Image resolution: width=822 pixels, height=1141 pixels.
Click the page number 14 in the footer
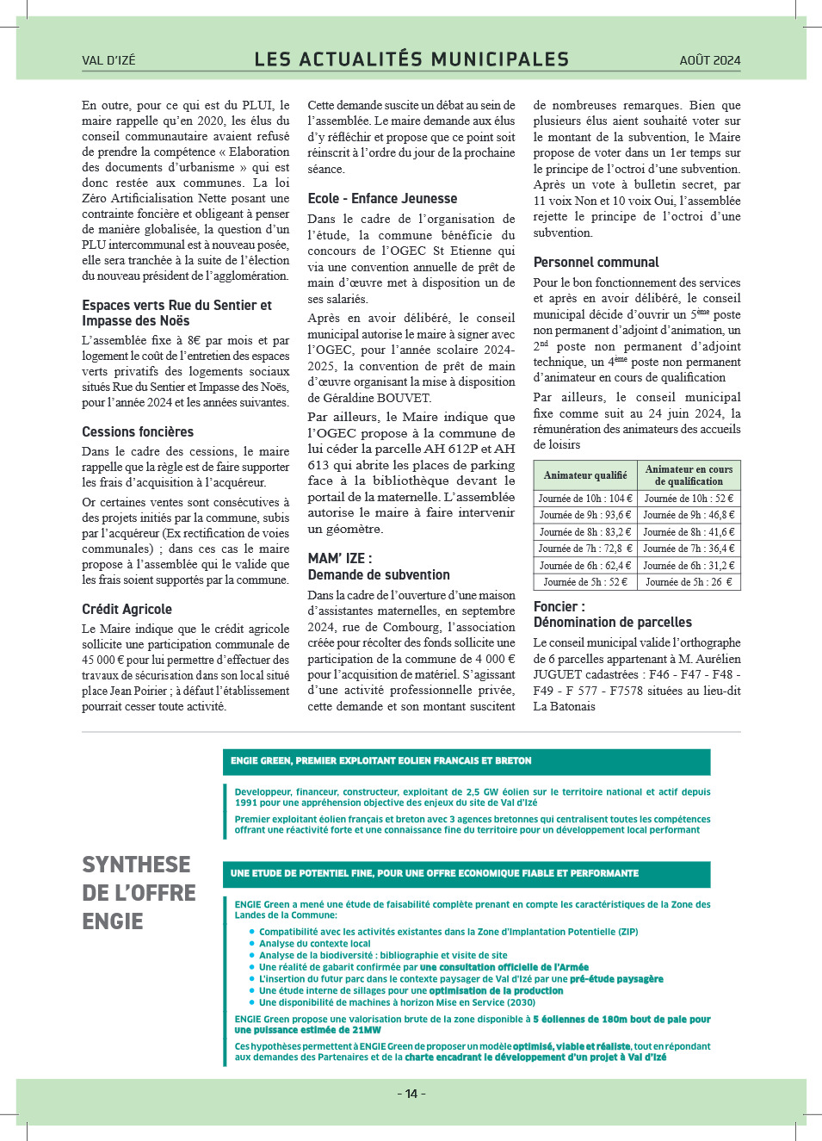(411, 1094)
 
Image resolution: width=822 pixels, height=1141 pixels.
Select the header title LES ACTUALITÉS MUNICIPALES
(411, 59)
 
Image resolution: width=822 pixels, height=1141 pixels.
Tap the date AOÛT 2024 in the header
(709, 60)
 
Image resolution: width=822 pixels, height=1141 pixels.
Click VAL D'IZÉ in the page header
(108, 60)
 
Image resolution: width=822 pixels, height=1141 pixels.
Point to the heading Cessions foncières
(138, 431)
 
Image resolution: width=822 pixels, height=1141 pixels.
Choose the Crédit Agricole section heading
(127, 609)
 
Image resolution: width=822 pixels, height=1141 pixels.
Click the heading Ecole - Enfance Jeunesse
(382, 198)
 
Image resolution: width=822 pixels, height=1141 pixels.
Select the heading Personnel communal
(596, 262)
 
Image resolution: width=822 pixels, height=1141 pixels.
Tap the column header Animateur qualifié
(585, 475)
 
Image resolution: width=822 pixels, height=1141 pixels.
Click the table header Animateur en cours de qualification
(689, 475)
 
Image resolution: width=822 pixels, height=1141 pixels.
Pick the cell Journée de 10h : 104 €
(585, 499)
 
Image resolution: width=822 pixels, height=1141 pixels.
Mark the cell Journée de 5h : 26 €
(689, 582)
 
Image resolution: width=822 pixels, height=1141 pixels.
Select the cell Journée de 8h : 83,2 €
(585, 532)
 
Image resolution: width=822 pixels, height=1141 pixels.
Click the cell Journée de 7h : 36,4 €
(689, 549)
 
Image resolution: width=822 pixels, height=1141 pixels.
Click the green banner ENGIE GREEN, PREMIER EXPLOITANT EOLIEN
(466, 761)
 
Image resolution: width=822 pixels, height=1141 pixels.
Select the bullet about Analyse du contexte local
(314, 944)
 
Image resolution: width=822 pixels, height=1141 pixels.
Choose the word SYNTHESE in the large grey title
(136, 865)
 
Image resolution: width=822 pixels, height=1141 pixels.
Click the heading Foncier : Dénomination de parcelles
(612, 614)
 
